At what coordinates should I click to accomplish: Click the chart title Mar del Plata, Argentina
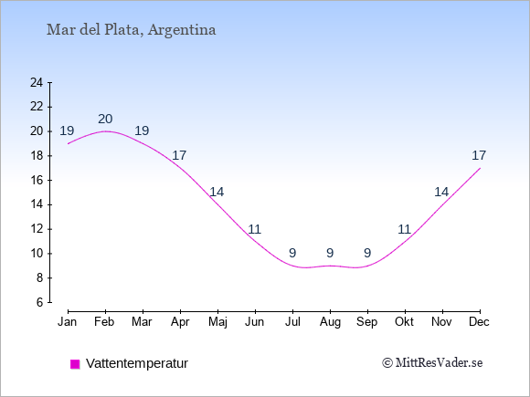[132, 30]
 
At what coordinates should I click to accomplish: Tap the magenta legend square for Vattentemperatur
[75, 364]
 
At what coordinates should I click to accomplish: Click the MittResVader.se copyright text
[432, 363]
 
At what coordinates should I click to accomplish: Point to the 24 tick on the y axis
[37, 82]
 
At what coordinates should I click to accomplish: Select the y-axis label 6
[40, 302]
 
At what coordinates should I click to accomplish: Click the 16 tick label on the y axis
[37, 181]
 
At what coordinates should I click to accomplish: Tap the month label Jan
[68, 322]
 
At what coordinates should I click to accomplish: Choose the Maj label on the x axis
[217, 322]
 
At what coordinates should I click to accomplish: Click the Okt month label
[404, 322]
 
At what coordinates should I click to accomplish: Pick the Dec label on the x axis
[480, 322]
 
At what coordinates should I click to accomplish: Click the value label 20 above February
[105, 119]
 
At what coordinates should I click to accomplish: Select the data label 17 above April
[179, 156]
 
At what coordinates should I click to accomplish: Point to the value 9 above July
[292, 253]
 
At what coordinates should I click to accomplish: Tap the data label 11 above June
[255, 230]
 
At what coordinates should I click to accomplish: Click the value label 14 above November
[441, 192]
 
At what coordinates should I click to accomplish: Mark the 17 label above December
[479, 156]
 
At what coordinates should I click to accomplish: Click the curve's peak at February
[105, 131]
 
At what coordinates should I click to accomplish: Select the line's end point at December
[480, 168]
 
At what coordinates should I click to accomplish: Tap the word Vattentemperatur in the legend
[137, 363]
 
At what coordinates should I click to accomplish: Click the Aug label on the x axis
[330, 322]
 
